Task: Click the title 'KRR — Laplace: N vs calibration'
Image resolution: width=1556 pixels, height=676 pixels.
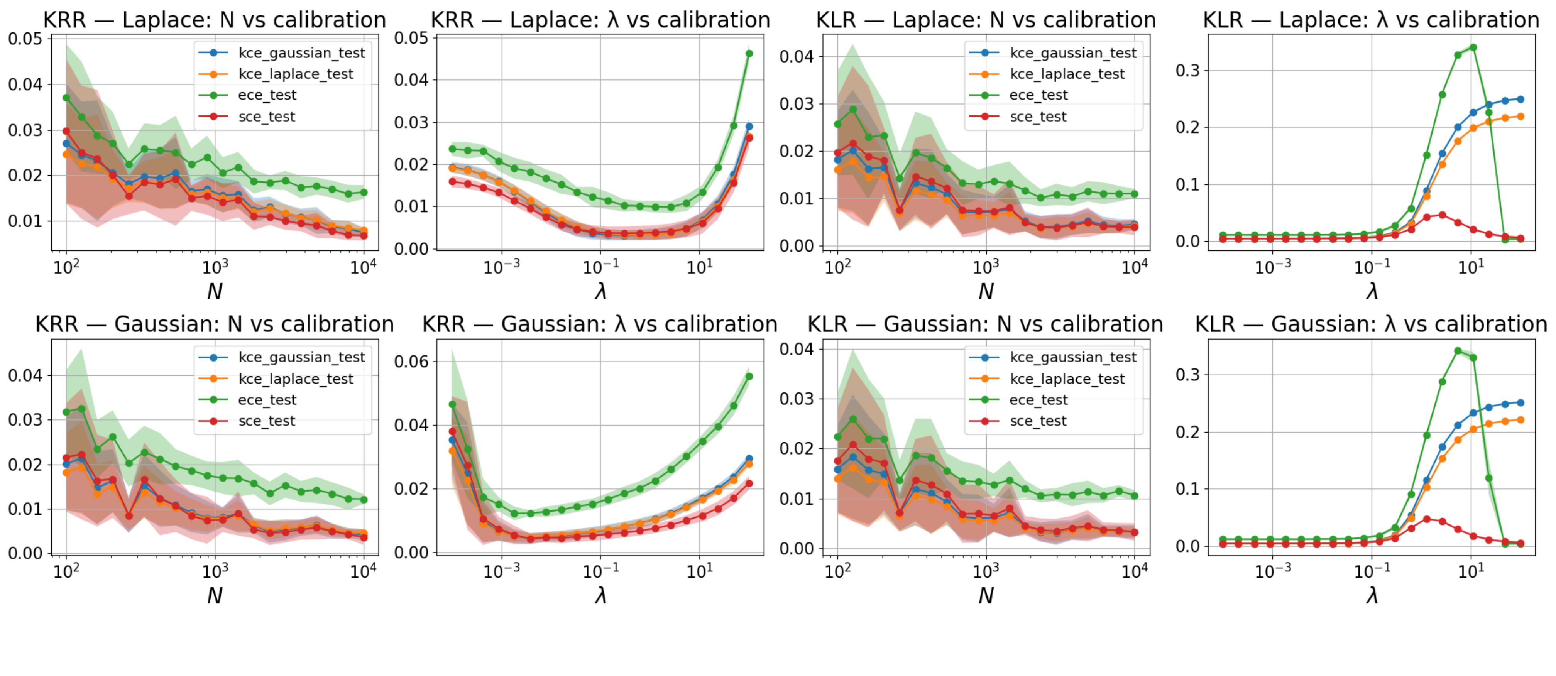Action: pyautogui.click(x=215, y=20)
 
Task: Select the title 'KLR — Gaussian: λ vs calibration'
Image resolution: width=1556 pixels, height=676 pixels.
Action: pyautogui.click(x=1371, y=324)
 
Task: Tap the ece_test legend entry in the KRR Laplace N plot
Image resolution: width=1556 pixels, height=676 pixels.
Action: pyautogui.click(x=267, y=95)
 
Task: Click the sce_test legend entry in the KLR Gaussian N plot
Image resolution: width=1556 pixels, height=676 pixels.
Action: pyautogui.click(x=1038, y=421)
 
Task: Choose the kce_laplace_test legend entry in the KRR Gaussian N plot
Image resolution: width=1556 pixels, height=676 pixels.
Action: pyautogui.click(x=295, y=379)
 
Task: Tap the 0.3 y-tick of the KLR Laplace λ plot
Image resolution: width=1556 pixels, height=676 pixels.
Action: pyautogui.click(x=1187, y=70)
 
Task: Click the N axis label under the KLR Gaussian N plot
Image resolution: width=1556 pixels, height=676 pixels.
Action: pyautogui.click(x=986, y=596)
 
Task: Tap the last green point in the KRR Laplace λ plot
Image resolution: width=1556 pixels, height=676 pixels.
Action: pyautogui.click(x=749, y=54)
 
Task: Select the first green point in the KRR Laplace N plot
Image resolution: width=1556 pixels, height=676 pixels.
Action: pyautogui.click(x=66, y=97)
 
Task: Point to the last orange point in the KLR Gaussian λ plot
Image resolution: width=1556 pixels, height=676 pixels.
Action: pyautogui.click(x=1520, y=420)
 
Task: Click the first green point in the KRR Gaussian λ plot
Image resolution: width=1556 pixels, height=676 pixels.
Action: pyautogui.click(x=452, y=404)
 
